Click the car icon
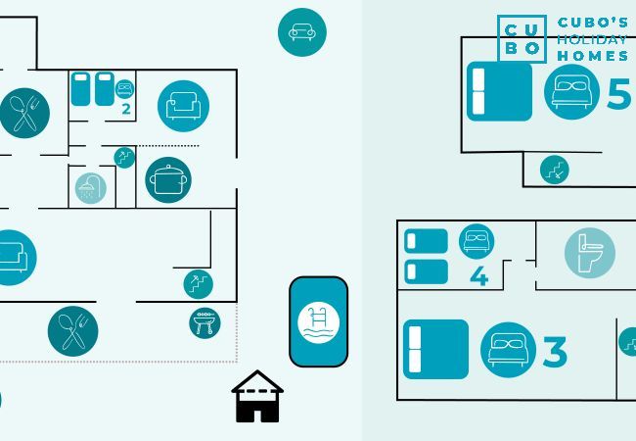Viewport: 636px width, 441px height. (x=302, y=32)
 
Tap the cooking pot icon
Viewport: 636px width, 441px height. (x=168, y=179)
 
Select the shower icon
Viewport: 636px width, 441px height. (x=90, y=187)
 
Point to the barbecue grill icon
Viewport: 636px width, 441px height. (x=204, y=322)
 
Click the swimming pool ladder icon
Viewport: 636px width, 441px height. (x=318, y=321)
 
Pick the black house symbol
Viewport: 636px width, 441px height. (x=257, y=397)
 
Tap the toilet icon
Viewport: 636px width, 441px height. (x=589, y=252)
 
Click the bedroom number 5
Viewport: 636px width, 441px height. (x=618, y=94)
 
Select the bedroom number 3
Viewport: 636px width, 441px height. (x=555, y=352)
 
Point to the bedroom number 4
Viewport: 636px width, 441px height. (x=478, y=275)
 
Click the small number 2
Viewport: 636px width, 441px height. (x=126, y=109)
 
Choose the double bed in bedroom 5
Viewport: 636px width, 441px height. (x=499, y=91)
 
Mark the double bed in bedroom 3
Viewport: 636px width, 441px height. (x=435, y=349)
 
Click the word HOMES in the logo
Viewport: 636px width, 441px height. (x=594, y=56)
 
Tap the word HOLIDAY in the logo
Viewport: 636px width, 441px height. (x=591, y=39)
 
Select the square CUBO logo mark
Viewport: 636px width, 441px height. (x=522, y=39)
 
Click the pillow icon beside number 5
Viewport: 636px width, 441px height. (x=570, y=92)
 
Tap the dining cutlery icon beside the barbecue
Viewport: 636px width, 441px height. (x=72, y=330)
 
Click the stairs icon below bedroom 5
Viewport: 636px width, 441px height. (x=554, y=170)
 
